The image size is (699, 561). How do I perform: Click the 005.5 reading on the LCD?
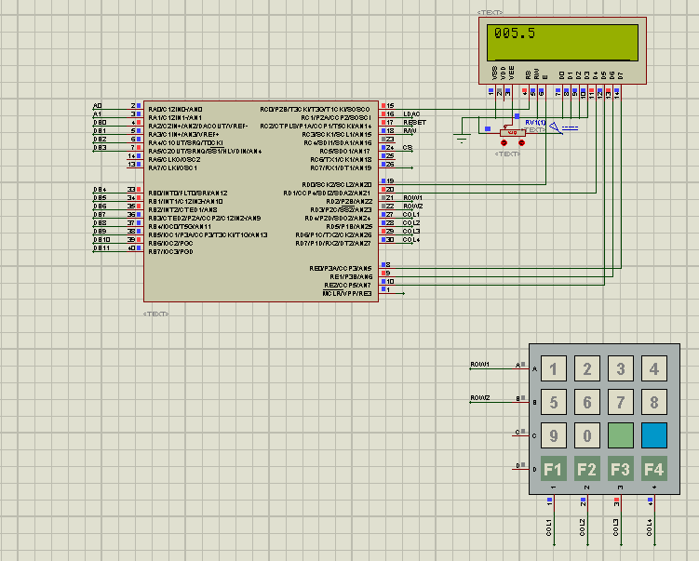click(515, 33)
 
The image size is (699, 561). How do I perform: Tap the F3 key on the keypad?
click(621, 468)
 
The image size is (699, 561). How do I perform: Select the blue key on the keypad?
click(654, 435)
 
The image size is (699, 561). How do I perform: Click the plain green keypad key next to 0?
click(621, 435)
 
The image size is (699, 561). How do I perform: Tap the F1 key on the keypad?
click(554, 468)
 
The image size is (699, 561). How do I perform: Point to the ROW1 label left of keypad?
click(480, 364)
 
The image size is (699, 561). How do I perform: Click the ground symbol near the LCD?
click(461, 140)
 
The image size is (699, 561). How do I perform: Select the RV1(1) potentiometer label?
click(535, 123)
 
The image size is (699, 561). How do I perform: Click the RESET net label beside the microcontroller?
click(414, 122)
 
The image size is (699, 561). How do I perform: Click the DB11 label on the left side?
click(101, 247)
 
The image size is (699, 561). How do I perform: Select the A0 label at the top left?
click(98, 106)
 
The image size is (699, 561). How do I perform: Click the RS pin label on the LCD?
click(527, 73)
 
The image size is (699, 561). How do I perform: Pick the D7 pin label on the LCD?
click(620, 73)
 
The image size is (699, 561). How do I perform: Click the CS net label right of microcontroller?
click(408, 147)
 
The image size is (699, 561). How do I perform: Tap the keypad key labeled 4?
click(654, 369)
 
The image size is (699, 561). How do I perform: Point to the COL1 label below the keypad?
click(550, 528)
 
